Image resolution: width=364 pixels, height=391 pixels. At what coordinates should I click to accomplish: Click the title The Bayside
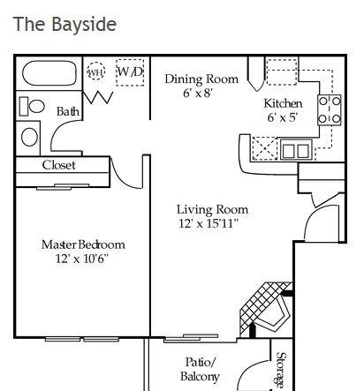pos(64,24)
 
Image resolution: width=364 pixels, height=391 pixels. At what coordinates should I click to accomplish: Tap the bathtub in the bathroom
pos(49,73)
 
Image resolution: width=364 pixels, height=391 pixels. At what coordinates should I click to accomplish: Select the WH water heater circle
pos(96,71)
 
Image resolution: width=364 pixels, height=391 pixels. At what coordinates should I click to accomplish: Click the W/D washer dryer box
pos(130,72)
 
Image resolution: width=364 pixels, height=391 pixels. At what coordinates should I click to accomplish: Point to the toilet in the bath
pos(32,106)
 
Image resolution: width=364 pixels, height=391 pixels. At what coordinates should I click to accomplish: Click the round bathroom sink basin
pos(30,137)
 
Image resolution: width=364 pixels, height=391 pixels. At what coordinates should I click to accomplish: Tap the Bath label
pos(68,111)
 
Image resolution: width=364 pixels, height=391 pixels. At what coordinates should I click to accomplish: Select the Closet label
pos(58,165)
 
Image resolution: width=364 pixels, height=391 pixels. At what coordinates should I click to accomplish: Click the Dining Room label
pos(201,79)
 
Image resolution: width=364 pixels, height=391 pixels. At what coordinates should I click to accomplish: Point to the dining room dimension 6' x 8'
pos(198,94)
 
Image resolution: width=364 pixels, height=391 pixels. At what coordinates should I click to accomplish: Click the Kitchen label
pos(283,103)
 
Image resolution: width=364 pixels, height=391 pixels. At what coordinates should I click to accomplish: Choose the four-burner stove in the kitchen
pos(330,110)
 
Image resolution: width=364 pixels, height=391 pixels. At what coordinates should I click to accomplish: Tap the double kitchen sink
pos(296,150)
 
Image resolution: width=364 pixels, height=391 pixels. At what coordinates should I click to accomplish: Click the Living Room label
pos(212,209)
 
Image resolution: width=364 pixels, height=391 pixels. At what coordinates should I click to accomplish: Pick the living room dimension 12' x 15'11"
pos(209,223)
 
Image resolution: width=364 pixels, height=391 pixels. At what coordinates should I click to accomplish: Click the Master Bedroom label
pos(83,244)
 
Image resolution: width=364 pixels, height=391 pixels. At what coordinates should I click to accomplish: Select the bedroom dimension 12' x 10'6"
pos(82,259)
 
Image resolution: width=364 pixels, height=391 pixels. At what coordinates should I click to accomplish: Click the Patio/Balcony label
pos(200,369)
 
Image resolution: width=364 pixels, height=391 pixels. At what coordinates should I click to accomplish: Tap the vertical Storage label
pos(281,370)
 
